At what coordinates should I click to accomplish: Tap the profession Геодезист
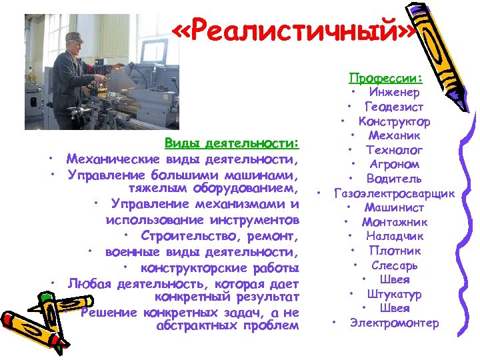pyautogui.click(x=393, y=107)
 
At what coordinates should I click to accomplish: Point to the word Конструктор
pyautogui.click(x=394, y=121)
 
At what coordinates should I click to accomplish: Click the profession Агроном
pyautogui.click(x=395, y=164)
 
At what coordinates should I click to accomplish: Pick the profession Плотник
pyautogui.click(x=395, y=251)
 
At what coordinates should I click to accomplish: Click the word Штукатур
pyautogui.click(x=396, y=294)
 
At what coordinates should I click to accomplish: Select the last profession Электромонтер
pyautogui.click(x=395, y=323)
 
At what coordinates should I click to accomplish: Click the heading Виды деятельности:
pyautogui.click(x=232, y=143)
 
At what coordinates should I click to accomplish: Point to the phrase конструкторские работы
pyautogui.click(x=219, y=268)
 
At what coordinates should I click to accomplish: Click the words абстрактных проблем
pyautogui.click(x=227, y=326)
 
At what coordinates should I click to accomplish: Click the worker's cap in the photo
pyautogui.click(x=75, y=37)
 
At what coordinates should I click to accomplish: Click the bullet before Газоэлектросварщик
pyautogui.click(x=319, y=193)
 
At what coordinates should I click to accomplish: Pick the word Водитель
pyautogui.click(x=394, y=179)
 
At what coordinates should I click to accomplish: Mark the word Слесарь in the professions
pyautogui.click(x=395, y=265)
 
